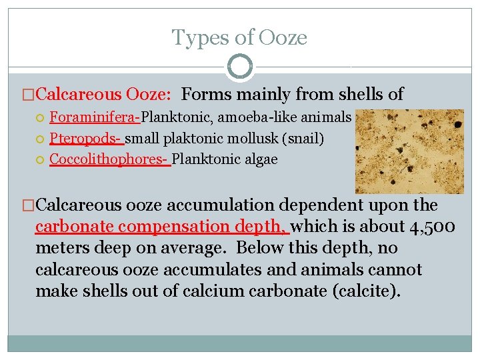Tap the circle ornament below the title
pos(240,67)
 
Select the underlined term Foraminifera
pos(93,117)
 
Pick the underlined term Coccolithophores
pos(109,159)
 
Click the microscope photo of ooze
pos(409,151)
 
